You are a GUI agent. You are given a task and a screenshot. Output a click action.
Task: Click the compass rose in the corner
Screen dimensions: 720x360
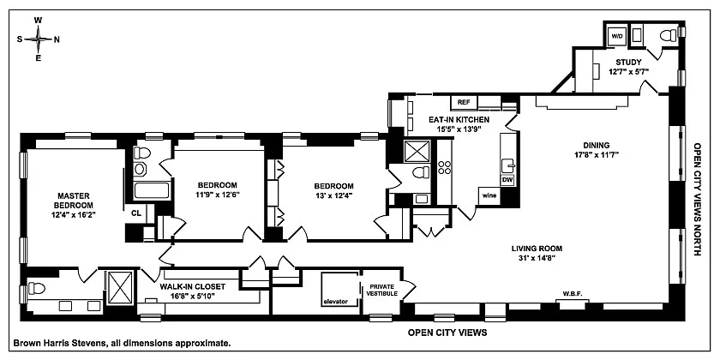pyautogui.click(x=39, y=39)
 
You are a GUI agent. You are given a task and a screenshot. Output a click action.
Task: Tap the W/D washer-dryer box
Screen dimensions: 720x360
pyautogui.click(x=616, y=36)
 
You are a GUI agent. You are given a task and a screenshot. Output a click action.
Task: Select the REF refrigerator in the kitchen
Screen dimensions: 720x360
pyautogui.click(x=464, y=102)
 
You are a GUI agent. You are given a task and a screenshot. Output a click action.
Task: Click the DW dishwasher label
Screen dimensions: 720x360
pyautogui.click(x=507, y=179)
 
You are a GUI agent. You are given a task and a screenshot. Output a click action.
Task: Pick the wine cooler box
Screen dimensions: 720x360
pyautogui.click(x=489, y=196)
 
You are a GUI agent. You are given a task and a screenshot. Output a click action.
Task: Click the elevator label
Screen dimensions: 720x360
pyautogui.click(x=335, y=302)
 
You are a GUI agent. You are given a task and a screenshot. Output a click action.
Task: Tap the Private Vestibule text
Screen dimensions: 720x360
pyautogui.click(x=381, y=291)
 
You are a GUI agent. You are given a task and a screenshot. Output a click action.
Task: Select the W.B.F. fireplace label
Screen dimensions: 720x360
pyautogui.click(x=573, y=294)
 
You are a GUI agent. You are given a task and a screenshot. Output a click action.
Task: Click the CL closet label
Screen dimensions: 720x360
pyautogui.click(x=136, y=213)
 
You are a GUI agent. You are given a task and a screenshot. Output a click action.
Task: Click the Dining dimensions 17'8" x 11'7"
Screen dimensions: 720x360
pyautogui.click(x=597, y=154)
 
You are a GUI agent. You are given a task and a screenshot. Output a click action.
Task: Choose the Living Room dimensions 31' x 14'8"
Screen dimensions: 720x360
pyautogui.click(x=537, y=258)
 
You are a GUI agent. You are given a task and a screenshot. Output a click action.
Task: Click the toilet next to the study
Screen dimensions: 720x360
pyautogui.click(x=668, y=35)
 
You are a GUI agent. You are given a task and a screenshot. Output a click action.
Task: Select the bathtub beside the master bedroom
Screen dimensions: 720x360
pyautogui.click(x=152, y=190)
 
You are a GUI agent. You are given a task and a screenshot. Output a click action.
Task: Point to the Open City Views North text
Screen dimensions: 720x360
pyautogui.click(x=697, y=199)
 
